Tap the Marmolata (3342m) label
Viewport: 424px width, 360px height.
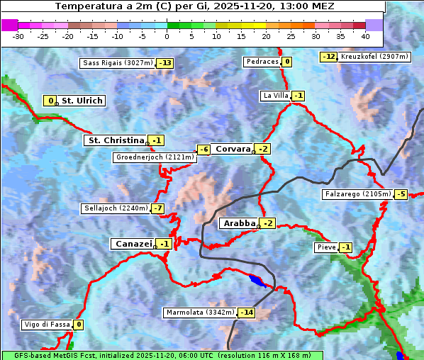pyautogui.click(x=199, y=313)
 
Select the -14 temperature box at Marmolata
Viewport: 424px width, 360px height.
pyautogui.click(x=246, y=313)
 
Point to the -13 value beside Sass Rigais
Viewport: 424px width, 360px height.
pyautogui.click(x=165, y=63)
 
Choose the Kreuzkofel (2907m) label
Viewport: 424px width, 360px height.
pyautogui.click(x=373, y=56)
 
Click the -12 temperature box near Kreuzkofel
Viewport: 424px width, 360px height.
pyautogui.click(x=328, y=56)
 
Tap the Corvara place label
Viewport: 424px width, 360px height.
pyautogui.click(x=233, y=149)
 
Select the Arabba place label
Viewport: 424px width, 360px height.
pyautogui.click(x=238, y=223)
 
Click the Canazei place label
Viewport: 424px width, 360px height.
pyautogui.click(x=133, y=244)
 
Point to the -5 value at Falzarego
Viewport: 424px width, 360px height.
pyautogui.click(x=401, y=194)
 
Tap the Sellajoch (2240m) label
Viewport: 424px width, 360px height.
pyautogui.click(x=116, y=208)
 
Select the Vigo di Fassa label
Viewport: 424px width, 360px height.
pyautogui.click(x=48, y=325)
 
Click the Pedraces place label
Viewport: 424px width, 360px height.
pyautogui.click(x=262, y=62)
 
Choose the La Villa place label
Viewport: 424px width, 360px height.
pyautogui.click(x=275, y=96)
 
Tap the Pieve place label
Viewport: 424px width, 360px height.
pyautogui.click(x=326, y=247)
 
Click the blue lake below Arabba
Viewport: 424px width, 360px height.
pyautogui.click(x=258, y=281)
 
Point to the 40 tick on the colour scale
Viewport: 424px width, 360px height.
pyautogui.click(x=365, y=35)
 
